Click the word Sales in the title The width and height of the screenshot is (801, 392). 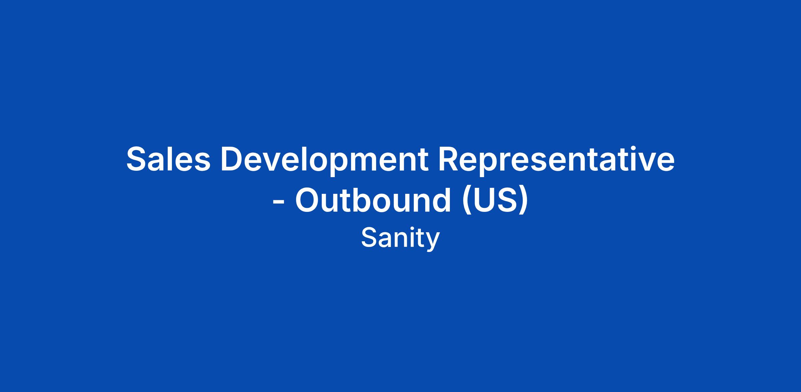(169, 159)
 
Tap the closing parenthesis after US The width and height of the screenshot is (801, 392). (524, 202)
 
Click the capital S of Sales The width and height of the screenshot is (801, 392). (138, 159)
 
